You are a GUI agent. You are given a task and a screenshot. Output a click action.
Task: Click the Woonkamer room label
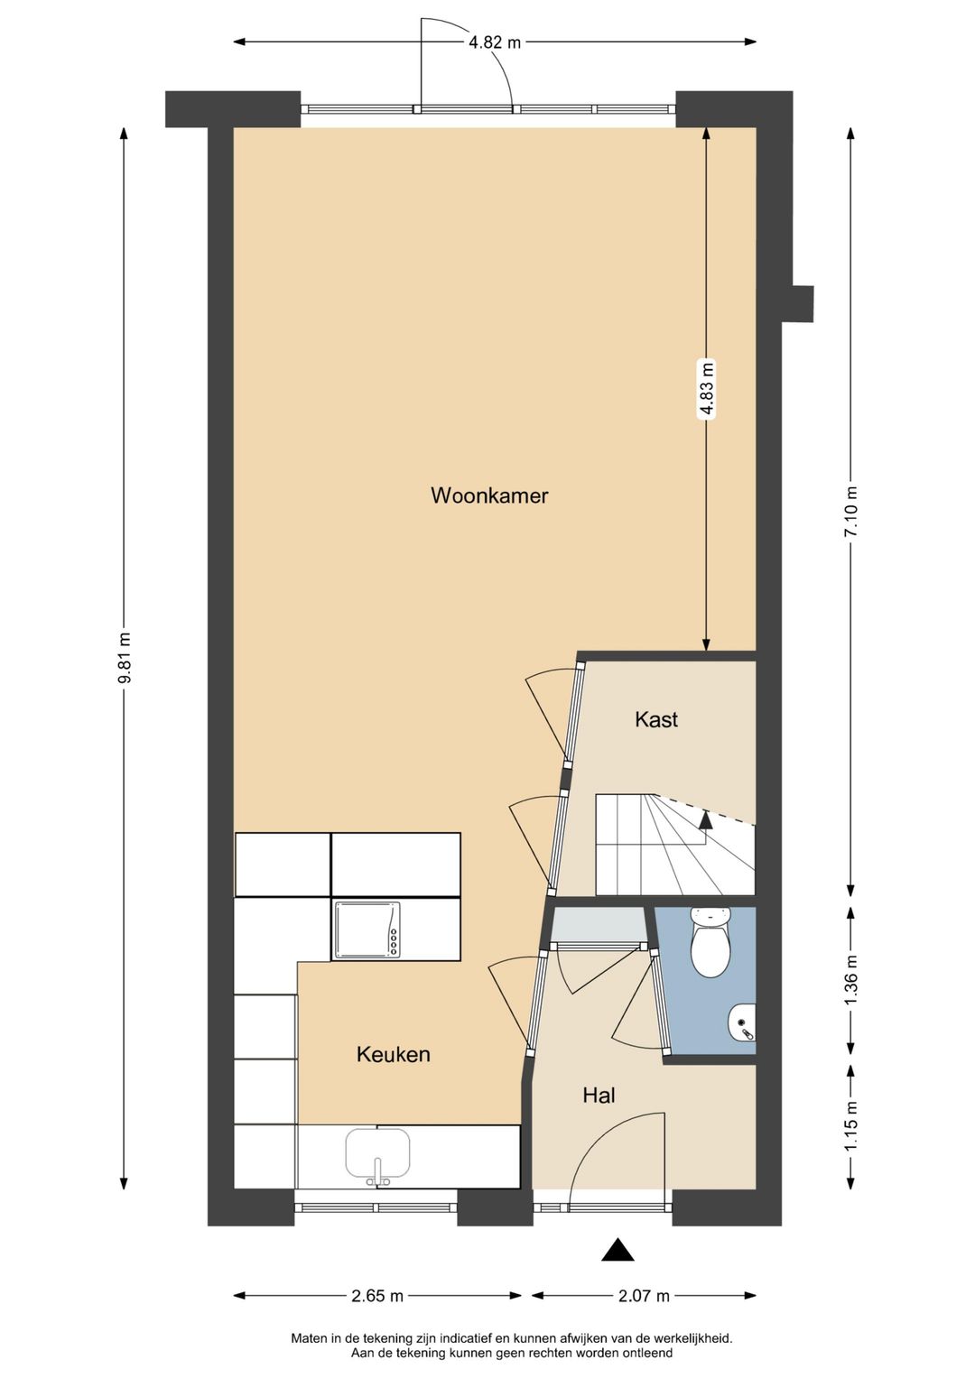point(489,495)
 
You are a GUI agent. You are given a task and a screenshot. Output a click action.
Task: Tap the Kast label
point(656,719)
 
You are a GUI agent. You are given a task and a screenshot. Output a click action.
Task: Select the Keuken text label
point(393,1054)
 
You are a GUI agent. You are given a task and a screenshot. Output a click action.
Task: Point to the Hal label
point(599,1096)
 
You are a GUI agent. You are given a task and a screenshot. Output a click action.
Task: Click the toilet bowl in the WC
point(710,949)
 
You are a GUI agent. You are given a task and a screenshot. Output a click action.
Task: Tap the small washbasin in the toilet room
point(743,1023)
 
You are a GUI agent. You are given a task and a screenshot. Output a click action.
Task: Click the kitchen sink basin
point(377,1152)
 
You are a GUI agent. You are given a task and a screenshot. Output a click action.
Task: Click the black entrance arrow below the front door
point(617,1250)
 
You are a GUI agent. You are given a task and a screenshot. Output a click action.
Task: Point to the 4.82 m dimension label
point(495,42)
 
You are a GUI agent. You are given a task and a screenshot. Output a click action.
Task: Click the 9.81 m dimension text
point(125,658)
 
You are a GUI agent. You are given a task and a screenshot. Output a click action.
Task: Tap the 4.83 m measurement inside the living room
point(707,388)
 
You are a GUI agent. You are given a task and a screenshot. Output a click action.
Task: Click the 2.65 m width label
point(377,1296)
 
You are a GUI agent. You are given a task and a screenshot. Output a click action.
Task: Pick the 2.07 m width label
point(644,1296)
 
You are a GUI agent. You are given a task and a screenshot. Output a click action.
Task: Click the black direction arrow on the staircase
point(706,819)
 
